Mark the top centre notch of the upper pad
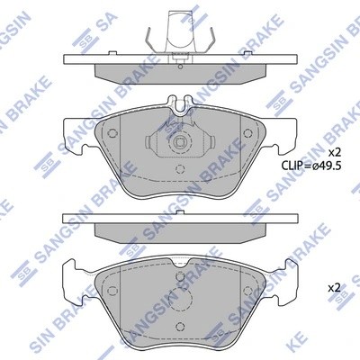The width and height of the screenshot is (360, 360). (x=180, y=104)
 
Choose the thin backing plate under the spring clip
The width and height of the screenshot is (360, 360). (x=180, y=58)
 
